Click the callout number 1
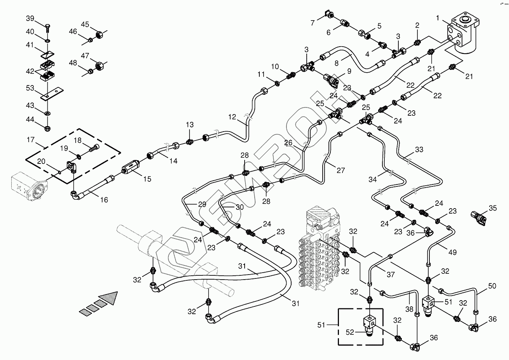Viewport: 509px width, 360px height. click(438, 18)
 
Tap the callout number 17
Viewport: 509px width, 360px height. click(31, 139)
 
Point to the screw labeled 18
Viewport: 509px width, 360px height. click(94, 148)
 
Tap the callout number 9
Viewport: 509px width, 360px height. click(349, 71)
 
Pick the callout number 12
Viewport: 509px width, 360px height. click(232, 116)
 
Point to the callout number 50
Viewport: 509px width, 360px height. click(492, 286)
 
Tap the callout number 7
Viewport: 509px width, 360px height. click(312, 23)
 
